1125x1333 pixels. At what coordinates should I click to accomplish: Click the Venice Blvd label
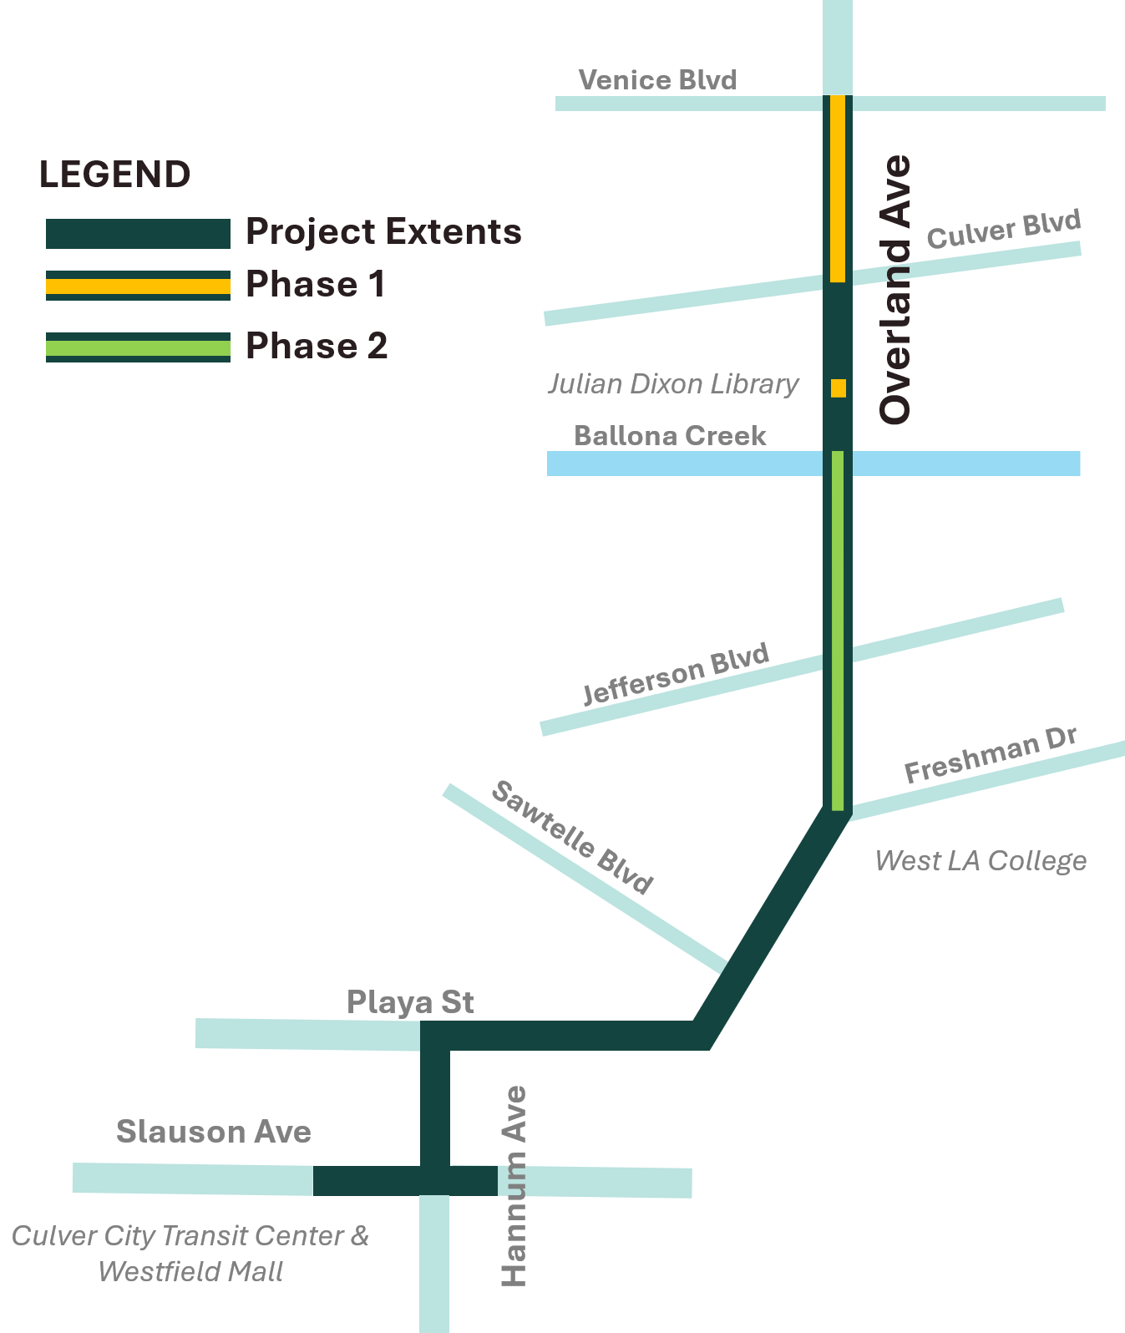coord(657,80)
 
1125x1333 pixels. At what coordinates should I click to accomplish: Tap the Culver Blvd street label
coord(1004,230)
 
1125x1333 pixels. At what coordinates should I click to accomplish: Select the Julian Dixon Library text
coord(673,384)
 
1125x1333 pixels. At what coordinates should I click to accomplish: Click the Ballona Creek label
coord(670,435)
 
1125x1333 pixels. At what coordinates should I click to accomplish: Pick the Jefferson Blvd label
coord(676,674)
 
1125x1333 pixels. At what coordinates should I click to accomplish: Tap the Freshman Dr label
coord(991,755)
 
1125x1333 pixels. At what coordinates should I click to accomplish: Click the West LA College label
coord(981,860)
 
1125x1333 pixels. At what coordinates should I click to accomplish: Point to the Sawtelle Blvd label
coord(571,837)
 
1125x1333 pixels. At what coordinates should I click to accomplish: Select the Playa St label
coord(410,1001)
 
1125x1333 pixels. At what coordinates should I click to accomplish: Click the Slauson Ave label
coord(214,1132)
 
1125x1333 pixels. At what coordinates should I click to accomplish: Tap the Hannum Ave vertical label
coord(514,1186)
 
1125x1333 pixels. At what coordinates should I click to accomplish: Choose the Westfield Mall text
coord(190,1271)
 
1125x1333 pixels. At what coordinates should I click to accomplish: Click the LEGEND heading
coord(115,175)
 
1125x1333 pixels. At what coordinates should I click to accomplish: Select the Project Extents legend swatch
coord(138,234)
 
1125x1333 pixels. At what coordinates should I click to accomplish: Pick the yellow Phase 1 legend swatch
coord(138,286)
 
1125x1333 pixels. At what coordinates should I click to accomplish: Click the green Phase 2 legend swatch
coord(138,347)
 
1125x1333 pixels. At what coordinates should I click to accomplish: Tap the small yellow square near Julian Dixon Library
coord(838,388)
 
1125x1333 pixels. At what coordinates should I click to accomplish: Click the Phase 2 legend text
coord(317,347)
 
